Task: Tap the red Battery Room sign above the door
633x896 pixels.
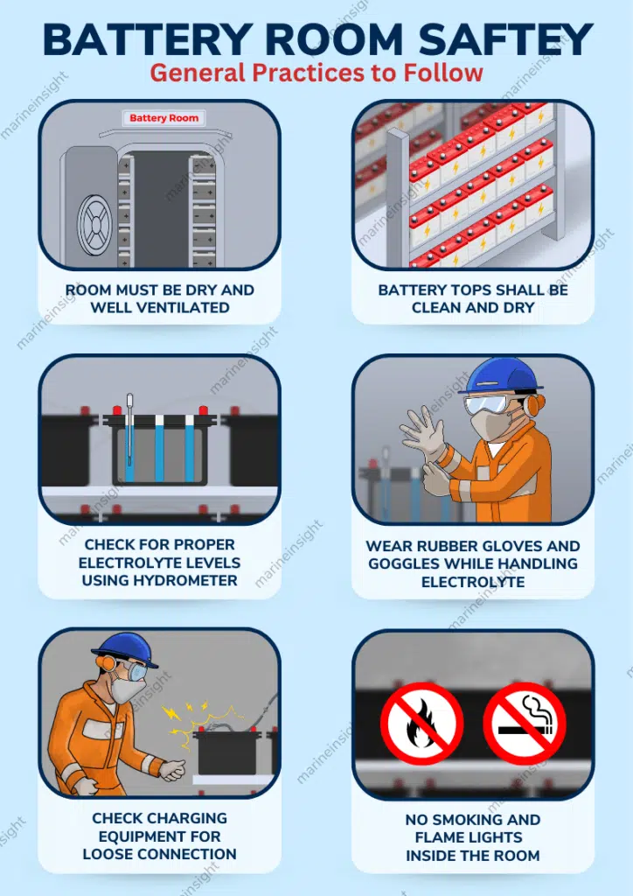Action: click(x=163, y=118)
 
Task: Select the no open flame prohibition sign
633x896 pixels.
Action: click(x=421, y=724)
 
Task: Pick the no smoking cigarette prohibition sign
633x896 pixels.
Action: click(x=525, y=724)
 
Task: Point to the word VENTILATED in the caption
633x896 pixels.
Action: click(x=186, y=307)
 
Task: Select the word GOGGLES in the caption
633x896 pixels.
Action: click(x=405, y=563)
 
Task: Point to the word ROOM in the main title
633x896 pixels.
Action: click(x=335, y=40)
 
